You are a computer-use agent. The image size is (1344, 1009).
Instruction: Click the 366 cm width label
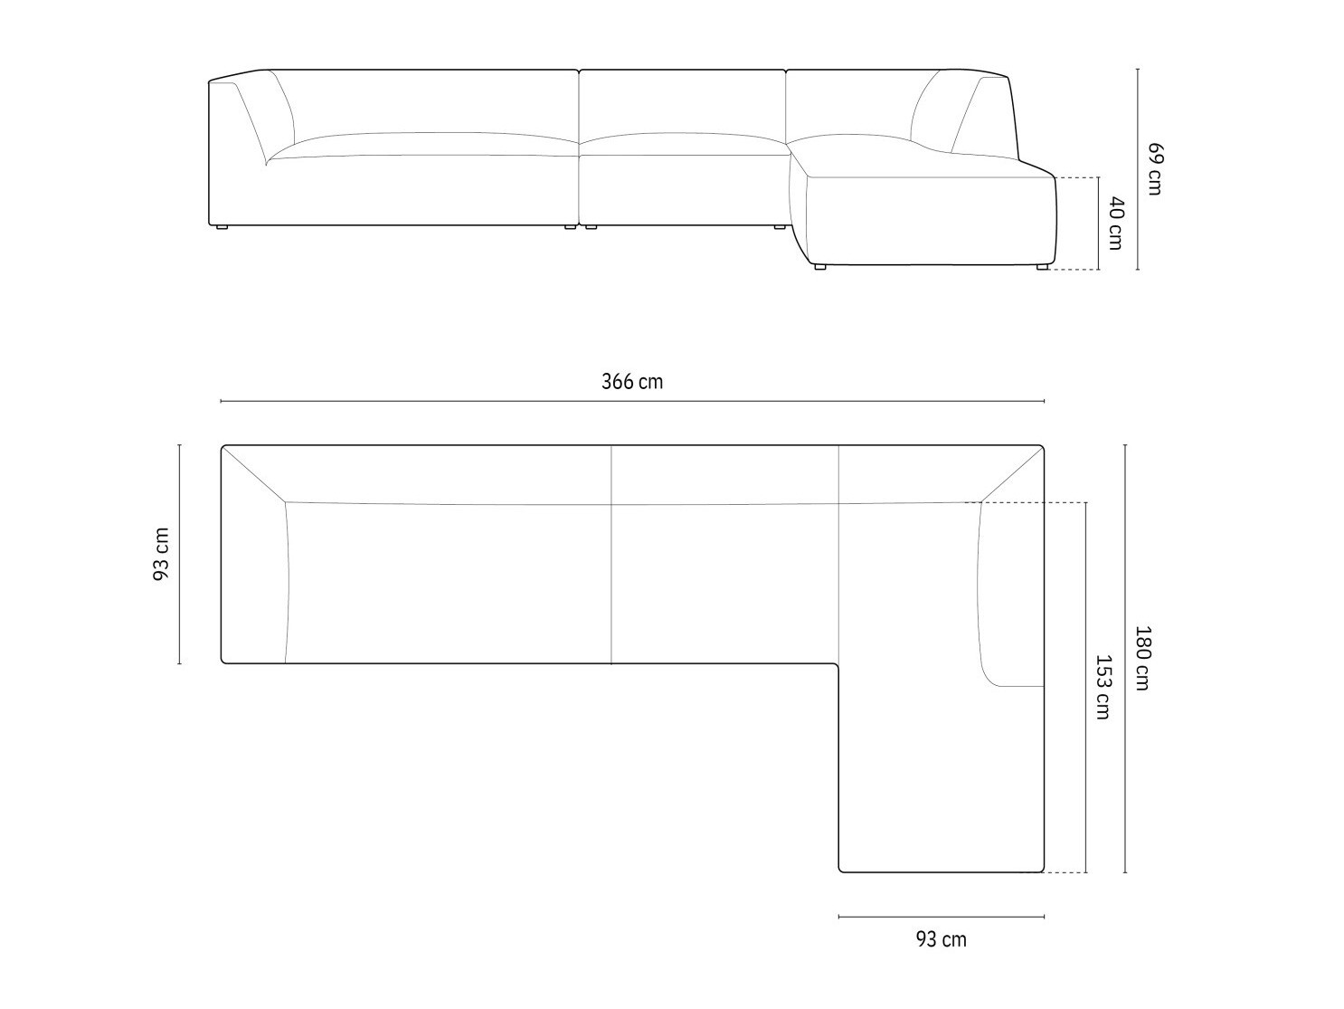pyautogui.click(x=632, y=382)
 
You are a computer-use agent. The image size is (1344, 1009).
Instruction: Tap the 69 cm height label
pyautogui.click(x=1154, y=169)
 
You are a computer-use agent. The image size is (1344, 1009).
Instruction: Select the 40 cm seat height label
pyautogui.click(x=1115, y=224)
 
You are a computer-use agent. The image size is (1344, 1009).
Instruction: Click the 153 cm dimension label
pyautogui.click(x=1103, y=687)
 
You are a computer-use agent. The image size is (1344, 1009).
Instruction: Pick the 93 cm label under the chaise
pyautogui.click(x=942, y=957)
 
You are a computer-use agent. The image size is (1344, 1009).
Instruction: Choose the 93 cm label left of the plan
pyautogui.click(x=161, y=555)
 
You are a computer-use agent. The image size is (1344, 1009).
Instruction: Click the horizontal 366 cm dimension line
pyautogui.click(x=632, y=401)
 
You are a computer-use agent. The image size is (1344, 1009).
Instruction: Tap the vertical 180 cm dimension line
pyautogui.click(x=1125, y=659)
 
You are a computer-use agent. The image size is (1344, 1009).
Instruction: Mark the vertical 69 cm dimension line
pyautogui.click(x=1138, y=169)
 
